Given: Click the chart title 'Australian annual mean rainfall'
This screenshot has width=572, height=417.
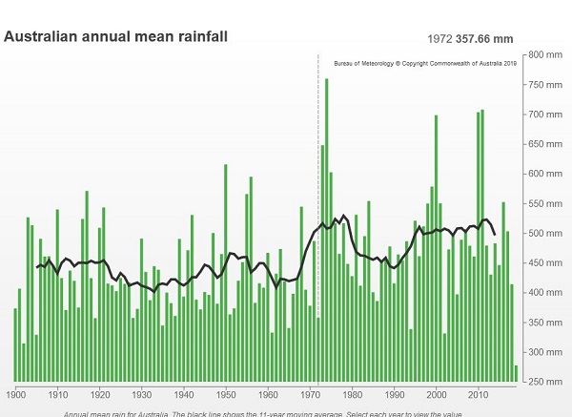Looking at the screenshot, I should (x=116, y=37).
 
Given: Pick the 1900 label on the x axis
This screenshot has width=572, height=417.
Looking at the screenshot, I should (x=15, y=393).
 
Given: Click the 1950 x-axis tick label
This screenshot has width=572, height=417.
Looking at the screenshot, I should (x=226, y=393).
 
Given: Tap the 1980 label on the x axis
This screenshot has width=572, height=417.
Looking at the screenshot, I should (x=352, y=393).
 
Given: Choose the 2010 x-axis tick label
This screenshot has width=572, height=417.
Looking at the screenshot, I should (x=479, y=393).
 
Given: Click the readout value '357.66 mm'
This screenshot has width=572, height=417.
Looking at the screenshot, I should (x=484, y=38).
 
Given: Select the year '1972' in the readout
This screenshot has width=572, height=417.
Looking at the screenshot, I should (x=438, y=38).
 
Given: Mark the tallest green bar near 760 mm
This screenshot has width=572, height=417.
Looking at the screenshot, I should (x=326, y=229).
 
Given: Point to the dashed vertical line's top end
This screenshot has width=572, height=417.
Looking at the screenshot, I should (x=317, y=56).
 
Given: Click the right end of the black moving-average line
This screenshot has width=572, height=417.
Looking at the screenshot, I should (x=494, y=234).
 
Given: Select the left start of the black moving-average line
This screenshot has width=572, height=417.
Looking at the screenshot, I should (x=36, y=267).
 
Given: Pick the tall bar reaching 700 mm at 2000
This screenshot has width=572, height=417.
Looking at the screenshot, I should (x=436, y=248).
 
